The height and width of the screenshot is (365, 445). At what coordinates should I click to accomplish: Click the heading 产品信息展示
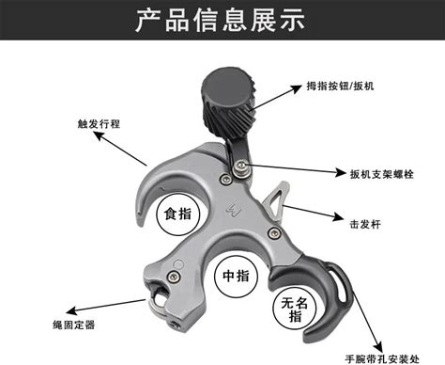tap(220, 21)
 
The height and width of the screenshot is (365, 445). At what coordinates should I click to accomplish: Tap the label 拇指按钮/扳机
tap(340, 86)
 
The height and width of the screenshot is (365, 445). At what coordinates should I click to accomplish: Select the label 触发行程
tap(99, 124)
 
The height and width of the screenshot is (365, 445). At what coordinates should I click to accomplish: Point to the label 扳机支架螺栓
tap(382, 174)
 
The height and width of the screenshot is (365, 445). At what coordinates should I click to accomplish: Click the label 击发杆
tap(365, 224)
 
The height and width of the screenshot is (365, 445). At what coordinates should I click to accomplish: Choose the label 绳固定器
tap(74, 325)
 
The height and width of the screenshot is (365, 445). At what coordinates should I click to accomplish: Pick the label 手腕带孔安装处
tap(382, 358)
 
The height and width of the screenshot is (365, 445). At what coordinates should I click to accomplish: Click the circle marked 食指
tap(177, 214)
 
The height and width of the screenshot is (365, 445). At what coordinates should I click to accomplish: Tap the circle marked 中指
tap(236, 276)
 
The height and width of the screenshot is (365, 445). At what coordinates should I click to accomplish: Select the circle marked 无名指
tap(295, 309)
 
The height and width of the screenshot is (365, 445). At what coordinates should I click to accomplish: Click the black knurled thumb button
tap(229, 102)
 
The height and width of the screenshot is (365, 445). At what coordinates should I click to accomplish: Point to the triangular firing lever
tap(276, 201)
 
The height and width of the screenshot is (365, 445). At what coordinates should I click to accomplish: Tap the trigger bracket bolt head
tap(241, 165)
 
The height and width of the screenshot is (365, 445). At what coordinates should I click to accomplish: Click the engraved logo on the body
tap(234, 209)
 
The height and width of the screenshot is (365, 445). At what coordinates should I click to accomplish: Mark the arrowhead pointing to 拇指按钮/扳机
tap(296, 88)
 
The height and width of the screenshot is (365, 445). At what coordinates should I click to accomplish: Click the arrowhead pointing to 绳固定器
tap(72, 310)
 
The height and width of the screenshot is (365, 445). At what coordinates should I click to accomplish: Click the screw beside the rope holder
tap(173, 277)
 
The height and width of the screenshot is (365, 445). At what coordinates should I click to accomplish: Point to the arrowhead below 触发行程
tap(99, 136)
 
